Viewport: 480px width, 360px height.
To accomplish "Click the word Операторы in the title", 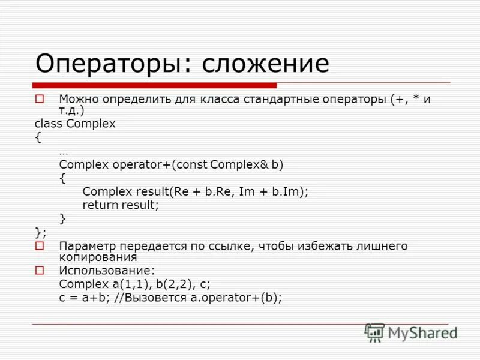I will [112, 63].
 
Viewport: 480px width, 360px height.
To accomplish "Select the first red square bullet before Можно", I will [40, 98].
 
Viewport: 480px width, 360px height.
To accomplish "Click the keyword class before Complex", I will [49, 124].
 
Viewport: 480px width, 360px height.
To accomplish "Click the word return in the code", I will [101, 205].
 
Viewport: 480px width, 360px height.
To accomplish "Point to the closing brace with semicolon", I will [40, 232].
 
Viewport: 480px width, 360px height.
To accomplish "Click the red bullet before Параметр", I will [40, 246].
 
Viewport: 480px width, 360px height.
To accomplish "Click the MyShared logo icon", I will [374, 332].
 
